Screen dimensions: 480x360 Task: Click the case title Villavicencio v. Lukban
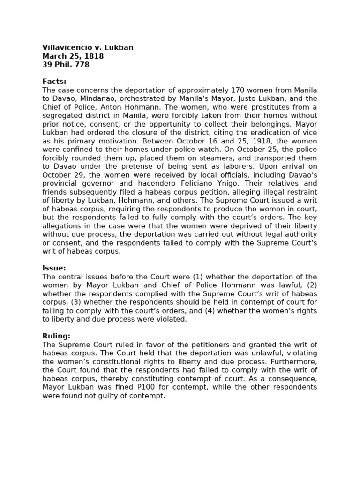(88, 48)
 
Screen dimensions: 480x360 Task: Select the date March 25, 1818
(73, 56)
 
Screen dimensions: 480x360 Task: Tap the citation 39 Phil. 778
(66, 65)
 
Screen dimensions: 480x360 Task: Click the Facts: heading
(54, 82)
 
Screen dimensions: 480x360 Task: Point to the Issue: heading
(54, 268)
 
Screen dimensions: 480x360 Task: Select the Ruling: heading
(56, 336)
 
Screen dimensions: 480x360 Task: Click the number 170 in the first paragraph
(239, 90)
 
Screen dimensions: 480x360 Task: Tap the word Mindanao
(100, 98)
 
